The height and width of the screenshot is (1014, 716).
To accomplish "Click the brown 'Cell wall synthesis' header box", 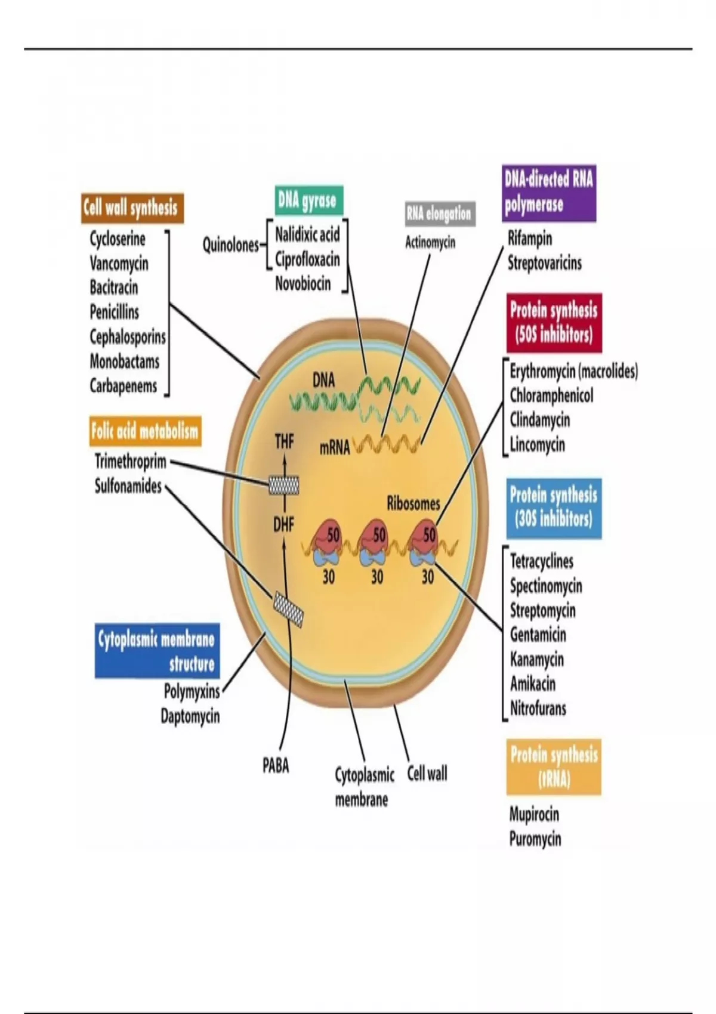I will tap(132, 208).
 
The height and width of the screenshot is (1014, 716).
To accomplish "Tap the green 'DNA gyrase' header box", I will tap(308, 200).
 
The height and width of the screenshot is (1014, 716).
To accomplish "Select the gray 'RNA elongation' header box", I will tap(440, 214).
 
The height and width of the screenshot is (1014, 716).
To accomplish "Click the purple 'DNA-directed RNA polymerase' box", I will tap(549, 193).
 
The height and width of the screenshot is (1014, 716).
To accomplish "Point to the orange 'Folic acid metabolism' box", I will tap(145, 431).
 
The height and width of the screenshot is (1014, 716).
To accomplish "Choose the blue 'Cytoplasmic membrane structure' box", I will tap(157, 651).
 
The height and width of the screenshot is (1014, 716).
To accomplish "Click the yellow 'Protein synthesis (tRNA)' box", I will tap(554, 767).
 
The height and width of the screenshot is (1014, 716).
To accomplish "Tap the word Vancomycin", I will tap(119, 263).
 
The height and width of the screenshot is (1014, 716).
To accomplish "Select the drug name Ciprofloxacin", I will tap(307, 259).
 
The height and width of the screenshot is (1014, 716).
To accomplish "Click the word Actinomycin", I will tap(430, 242).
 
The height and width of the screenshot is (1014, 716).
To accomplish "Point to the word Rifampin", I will tap(530, 239).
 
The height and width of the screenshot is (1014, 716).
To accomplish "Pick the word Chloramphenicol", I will tap(551, 395).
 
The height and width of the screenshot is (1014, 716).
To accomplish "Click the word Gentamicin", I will tap(538, 635).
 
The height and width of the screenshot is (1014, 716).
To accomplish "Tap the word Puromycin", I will tap(535, 839).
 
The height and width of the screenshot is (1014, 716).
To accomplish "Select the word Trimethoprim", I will tap(131, 462).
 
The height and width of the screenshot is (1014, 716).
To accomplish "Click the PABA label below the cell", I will tap(276, 765).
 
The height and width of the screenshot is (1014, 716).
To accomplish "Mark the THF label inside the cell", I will tap(285, 441).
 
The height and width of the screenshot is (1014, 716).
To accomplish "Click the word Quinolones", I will tap(231, 245).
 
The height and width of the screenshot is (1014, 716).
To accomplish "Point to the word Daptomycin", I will tap(190, 716).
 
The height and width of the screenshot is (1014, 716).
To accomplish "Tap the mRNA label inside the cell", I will tap(335, 448).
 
